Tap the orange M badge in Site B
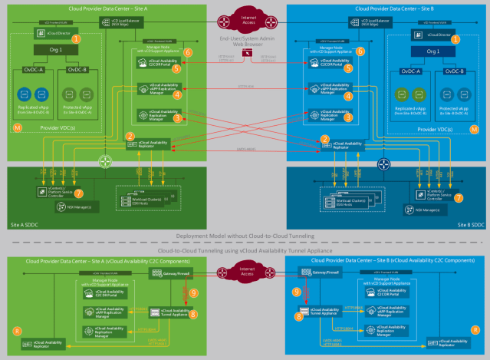tap(474, 130)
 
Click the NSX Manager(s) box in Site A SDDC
tap(58, 207)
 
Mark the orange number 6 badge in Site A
tap(188, 52)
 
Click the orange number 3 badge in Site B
tap(348, 117)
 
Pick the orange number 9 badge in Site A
tap(193, 292)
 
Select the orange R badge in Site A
tap(17, 330)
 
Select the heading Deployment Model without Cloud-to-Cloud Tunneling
tap(245, 236)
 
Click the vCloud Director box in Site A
tap(48, 35)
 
